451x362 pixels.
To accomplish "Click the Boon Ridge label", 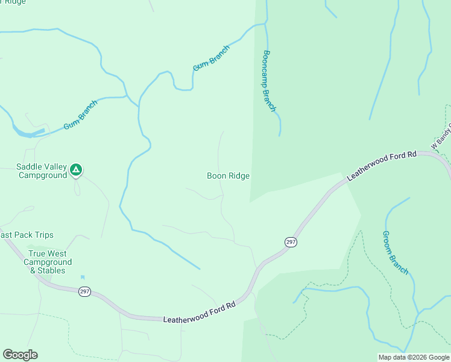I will click(x=228, y=176).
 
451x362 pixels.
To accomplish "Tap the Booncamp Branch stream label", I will click(x=270, y=81).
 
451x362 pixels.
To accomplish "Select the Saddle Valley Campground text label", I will click(x=42, y=171).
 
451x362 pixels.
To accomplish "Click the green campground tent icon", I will click(x=75, y=170).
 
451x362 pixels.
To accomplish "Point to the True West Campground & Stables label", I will click(x=48, y=262).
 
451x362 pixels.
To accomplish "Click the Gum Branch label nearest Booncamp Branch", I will click(x=211, y=58).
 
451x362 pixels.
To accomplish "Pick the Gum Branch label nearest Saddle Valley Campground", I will click(x=81, y=115).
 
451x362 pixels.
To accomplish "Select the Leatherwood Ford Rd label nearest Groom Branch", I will click(x=382, y=167).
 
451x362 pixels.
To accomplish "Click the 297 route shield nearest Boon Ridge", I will click(x=290, y=241).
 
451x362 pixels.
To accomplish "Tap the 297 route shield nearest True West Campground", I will click(x=84, y=291).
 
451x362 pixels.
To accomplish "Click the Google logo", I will click(x=20, y=355).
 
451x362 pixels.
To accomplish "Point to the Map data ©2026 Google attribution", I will click(x=414, y=357).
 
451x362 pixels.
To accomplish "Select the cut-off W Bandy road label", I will click(x=441, y=137).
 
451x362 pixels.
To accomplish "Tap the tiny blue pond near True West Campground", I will click(x=82, y=278).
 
